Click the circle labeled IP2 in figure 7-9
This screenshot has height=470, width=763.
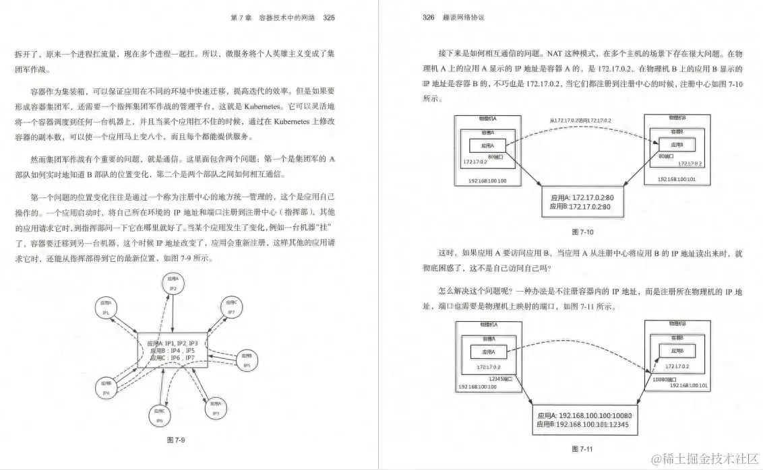tap(173, 283)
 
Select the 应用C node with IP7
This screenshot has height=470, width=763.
tap(231, 308)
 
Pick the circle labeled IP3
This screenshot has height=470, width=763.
tap(216, 408)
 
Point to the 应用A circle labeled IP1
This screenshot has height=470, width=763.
tap(106, 309)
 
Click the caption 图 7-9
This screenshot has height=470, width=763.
tap(176, 440)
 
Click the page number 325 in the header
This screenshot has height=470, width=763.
tap(329, 18)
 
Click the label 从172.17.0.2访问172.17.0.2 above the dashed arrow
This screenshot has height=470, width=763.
tap(580, 120)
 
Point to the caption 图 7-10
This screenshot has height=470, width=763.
tap(581, 231)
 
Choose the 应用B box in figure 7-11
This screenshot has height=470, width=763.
tap(677, 351)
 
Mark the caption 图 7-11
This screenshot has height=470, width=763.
tap(581, 448)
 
